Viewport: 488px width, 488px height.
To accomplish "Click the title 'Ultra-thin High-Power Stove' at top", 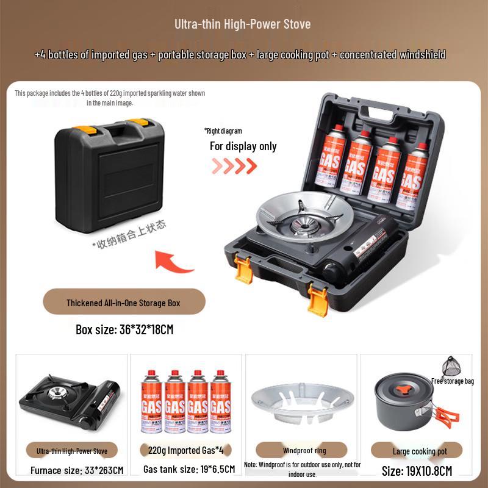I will tap(243, 24).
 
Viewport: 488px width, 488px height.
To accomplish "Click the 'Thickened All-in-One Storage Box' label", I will tap(123, 303).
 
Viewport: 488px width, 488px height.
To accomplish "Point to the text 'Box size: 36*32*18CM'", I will tap(124, 329).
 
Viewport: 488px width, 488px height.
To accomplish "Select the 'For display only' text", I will tap(243, 146).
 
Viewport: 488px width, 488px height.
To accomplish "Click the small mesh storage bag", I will tap(451, 365).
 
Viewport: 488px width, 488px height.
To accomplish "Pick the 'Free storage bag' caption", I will tap(452, 381).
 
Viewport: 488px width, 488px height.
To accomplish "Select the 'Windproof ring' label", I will tap(305, 451).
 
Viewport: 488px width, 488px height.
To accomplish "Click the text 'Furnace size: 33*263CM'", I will tap(77, 470).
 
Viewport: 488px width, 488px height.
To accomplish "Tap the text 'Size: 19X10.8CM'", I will tap(417, 470).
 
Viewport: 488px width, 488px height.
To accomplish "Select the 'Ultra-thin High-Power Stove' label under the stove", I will tap(72, 451).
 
